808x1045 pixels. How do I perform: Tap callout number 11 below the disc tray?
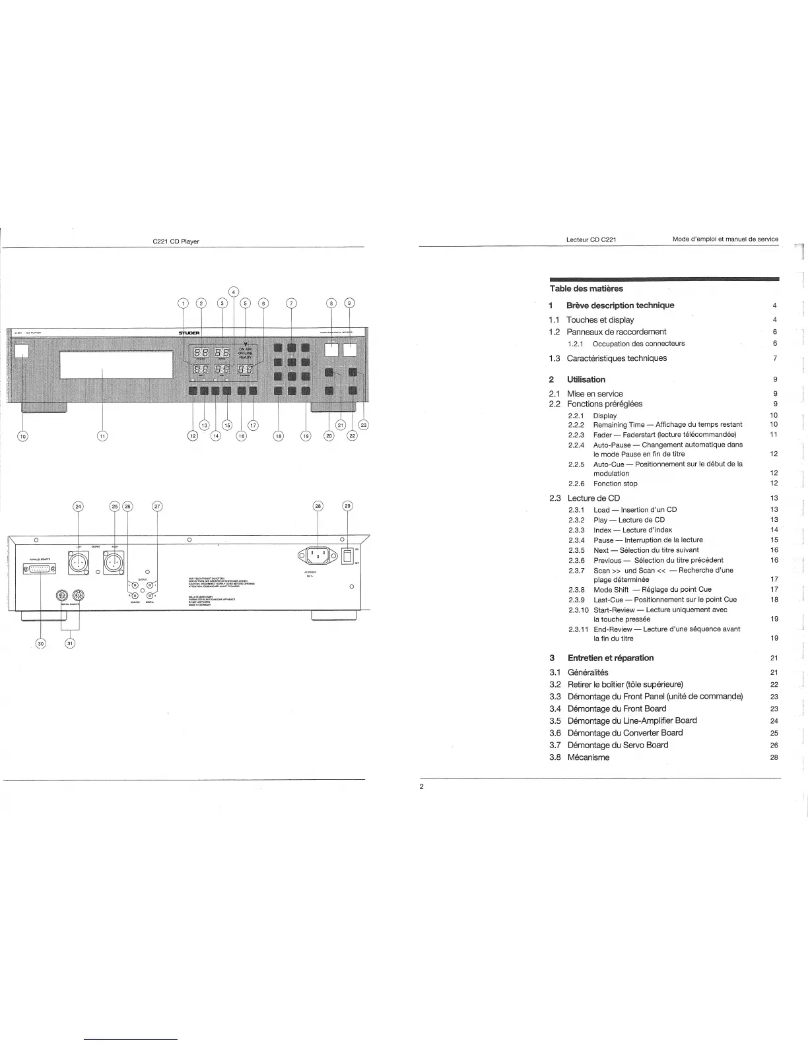(102, 435)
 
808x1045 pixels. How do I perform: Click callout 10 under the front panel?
(22, 435)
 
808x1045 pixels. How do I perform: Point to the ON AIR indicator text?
(245, 349)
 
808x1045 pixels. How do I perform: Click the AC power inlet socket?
(318, 555)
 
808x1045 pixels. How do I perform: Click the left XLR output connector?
(79, 561)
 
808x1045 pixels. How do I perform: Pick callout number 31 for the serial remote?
(71, 644)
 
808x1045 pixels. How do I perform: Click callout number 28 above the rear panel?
(318, 506)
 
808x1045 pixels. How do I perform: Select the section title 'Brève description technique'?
(620, 305)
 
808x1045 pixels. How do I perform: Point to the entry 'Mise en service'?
(595, 394)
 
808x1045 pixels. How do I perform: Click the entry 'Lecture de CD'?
(593, 498)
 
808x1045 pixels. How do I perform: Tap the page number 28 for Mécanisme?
(774, 757)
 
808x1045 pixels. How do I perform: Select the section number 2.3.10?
(578, 610)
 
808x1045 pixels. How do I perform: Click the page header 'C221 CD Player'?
(176, 241)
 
